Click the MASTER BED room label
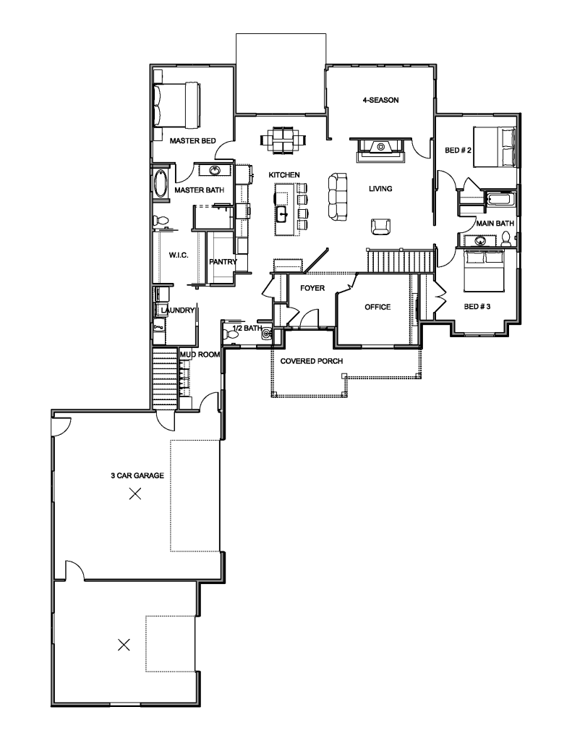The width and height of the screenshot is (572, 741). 192,141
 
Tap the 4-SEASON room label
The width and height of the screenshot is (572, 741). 380,100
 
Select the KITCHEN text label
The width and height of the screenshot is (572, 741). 284,175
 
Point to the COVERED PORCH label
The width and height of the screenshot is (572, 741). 312,361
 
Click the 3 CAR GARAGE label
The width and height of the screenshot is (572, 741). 137,475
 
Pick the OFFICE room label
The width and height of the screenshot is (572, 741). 378,307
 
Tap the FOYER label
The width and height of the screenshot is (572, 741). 312,288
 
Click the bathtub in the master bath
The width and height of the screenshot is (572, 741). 161,184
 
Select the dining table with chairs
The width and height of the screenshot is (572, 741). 284,140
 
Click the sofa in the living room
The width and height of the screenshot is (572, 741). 338,196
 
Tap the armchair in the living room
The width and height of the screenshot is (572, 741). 380,226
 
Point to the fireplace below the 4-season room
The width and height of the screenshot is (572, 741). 380,151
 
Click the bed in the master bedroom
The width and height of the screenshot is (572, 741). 178,105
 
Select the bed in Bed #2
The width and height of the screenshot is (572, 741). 494,146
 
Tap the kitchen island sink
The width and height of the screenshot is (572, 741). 283,214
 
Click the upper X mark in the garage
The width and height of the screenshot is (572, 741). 135,494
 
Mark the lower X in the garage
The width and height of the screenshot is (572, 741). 124,644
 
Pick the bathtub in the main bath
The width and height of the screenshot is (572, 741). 501,199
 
